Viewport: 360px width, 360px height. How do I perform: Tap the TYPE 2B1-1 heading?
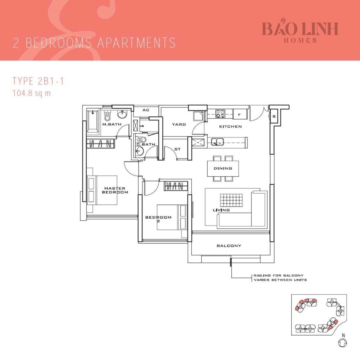38,81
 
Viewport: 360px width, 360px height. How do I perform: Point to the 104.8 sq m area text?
31,93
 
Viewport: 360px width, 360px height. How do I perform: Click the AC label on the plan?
146,110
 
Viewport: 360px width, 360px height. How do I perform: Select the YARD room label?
179,124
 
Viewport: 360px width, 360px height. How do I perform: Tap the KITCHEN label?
230,127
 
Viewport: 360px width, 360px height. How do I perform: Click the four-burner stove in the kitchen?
221,114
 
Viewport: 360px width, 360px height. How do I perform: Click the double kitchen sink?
217,141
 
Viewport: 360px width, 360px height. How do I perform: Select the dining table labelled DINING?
223,168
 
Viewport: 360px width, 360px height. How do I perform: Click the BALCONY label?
229,246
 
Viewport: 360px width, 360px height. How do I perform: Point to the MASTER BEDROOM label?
115,190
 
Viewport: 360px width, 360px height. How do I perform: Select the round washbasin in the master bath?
122,115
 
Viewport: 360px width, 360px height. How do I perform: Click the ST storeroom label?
177,149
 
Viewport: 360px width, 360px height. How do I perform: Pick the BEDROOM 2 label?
158,219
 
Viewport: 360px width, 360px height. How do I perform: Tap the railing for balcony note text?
280,277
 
